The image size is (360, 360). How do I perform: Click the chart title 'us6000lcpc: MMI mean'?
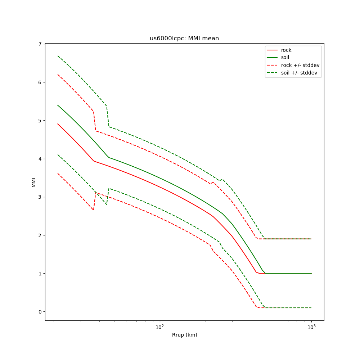[184, 39]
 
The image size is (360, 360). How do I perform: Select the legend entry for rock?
[286, 50]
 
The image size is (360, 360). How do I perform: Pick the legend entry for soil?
[285, 58]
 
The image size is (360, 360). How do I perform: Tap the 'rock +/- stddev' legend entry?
[300, 65]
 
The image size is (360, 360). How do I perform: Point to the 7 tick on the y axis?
[40, 44]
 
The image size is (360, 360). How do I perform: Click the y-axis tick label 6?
[40, 82]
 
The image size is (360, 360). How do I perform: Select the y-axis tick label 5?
[40, 120]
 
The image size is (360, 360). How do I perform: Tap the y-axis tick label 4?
[40, 159]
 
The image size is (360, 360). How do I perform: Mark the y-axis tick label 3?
[40, 197]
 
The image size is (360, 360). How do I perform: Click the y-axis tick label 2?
[40, 235]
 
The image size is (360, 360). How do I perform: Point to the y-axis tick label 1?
[40, 273]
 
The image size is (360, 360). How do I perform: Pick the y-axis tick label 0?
[40, 311]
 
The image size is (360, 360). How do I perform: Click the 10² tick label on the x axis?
[159, 327]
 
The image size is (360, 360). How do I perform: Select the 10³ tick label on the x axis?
[311, 327]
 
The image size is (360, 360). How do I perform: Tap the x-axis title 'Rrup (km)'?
[184, 335]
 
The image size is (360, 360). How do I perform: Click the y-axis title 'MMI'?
[33, 182]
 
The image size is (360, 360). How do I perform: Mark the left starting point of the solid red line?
[58, 124]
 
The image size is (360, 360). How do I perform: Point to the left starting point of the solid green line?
[58, 105]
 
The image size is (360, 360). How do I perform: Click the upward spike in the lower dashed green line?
[109, 188]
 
